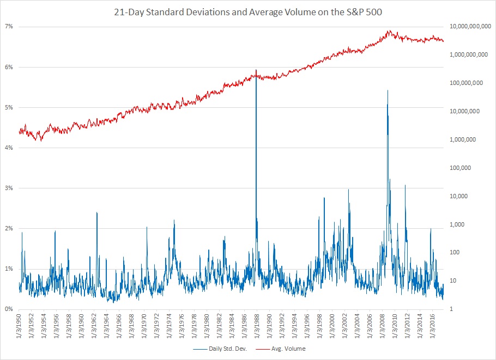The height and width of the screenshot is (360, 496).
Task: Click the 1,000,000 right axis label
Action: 472,139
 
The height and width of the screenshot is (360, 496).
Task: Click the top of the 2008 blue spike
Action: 388,90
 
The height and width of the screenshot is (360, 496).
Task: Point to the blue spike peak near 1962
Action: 97,212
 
